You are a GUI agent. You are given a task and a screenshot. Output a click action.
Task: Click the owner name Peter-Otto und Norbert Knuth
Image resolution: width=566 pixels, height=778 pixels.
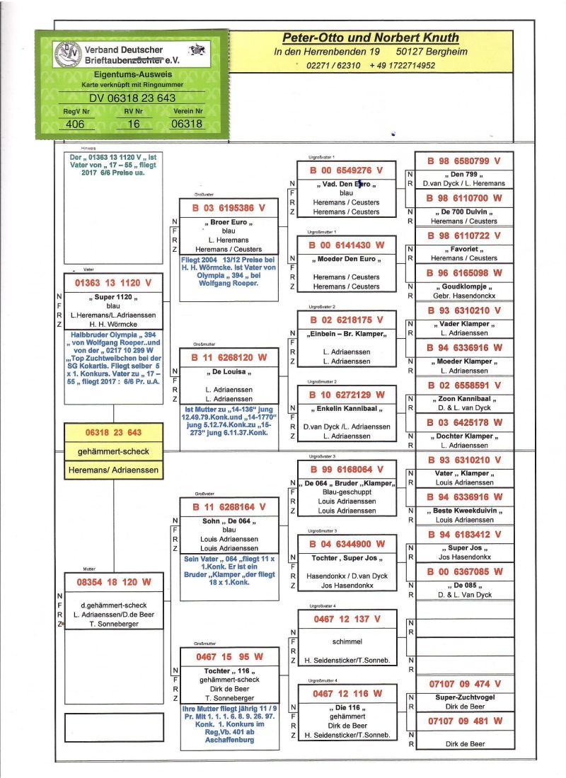click(x=371, y=37)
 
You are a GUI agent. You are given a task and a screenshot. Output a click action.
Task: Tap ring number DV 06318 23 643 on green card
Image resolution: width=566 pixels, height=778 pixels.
click(x=132, y=98)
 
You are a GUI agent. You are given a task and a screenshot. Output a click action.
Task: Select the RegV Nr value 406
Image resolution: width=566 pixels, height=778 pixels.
click(x=74, y=124)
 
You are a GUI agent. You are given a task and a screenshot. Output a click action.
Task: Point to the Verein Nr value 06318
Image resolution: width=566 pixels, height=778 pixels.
click(x=187, y=124)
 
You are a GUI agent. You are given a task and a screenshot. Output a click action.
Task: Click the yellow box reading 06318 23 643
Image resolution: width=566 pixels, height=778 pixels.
click(x=113, y=432)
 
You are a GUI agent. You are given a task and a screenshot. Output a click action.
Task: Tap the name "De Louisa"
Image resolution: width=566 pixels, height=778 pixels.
click(x=229, y=371)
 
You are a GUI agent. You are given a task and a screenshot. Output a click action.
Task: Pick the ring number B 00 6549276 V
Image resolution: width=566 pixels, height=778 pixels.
click(x=345, y=170)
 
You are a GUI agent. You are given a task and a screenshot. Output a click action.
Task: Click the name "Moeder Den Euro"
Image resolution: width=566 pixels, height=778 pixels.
click(x=345, y=258)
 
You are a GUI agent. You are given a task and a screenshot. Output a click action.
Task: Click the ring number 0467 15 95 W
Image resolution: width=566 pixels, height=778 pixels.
click(x=229, y=657)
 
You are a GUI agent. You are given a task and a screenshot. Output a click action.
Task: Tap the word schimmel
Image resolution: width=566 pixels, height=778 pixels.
click(x=347, y=641)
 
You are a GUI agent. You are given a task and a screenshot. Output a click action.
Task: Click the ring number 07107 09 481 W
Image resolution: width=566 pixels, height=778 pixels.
click(x=464, y=721)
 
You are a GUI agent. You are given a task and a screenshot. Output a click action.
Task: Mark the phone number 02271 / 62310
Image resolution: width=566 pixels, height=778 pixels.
click(x=331, y=66)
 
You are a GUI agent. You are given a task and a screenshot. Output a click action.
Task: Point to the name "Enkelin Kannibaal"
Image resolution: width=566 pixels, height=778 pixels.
click(x=345, y=408)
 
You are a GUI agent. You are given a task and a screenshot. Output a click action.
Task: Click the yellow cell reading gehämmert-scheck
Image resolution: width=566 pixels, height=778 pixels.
click(x=113, y=451)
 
